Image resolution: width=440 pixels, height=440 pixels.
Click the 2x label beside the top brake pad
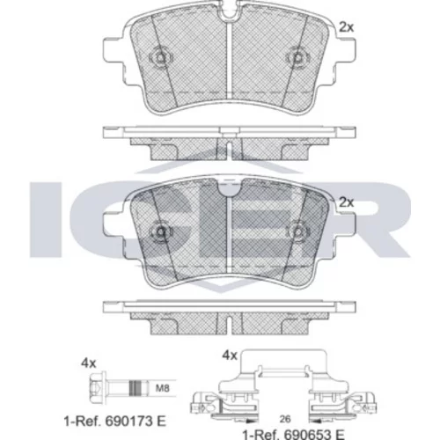tap(347, 27)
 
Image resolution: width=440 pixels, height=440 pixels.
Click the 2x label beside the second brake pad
tap(347, 202)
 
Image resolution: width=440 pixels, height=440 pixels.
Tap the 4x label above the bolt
tap(89, 363)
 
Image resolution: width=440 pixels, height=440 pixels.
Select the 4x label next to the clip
tap(230, 356)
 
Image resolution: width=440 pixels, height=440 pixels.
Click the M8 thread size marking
tap(162, 388)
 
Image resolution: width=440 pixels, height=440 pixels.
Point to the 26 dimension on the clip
tap(285, 419)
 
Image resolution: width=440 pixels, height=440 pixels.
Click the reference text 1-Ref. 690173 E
tap(114, 422)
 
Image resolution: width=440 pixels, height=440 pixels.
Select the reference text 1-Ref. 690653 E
tap(293, 435)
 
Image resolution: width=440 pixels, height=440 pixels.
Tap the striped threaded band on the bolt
tap(136, 388)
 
